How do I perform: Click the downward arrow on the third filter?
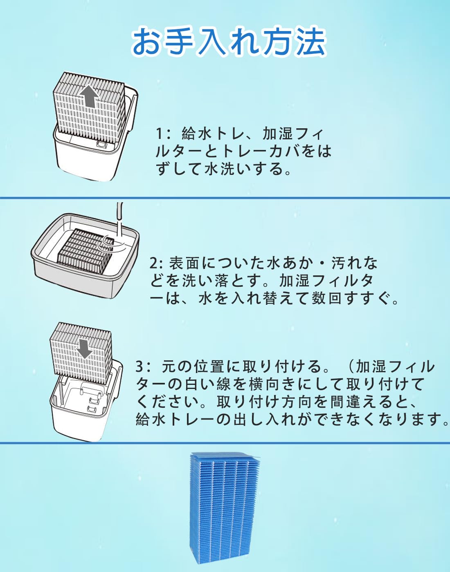[84, 349]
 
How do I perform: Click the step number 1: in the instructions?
[163, 134]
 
